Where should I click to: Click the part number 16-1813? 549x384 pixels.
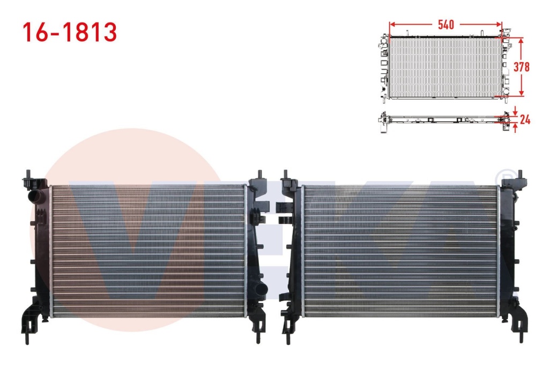click(70, 32)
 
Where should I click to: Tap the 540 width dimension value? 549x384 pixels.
click(446, 25)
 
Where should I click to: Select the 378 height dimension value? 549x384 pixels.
click(521, 67)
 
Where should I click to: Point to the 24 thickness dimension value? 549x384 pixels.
click(525, 120)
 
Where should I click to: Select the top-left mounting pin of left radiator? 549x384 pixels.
click(28, 175)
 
